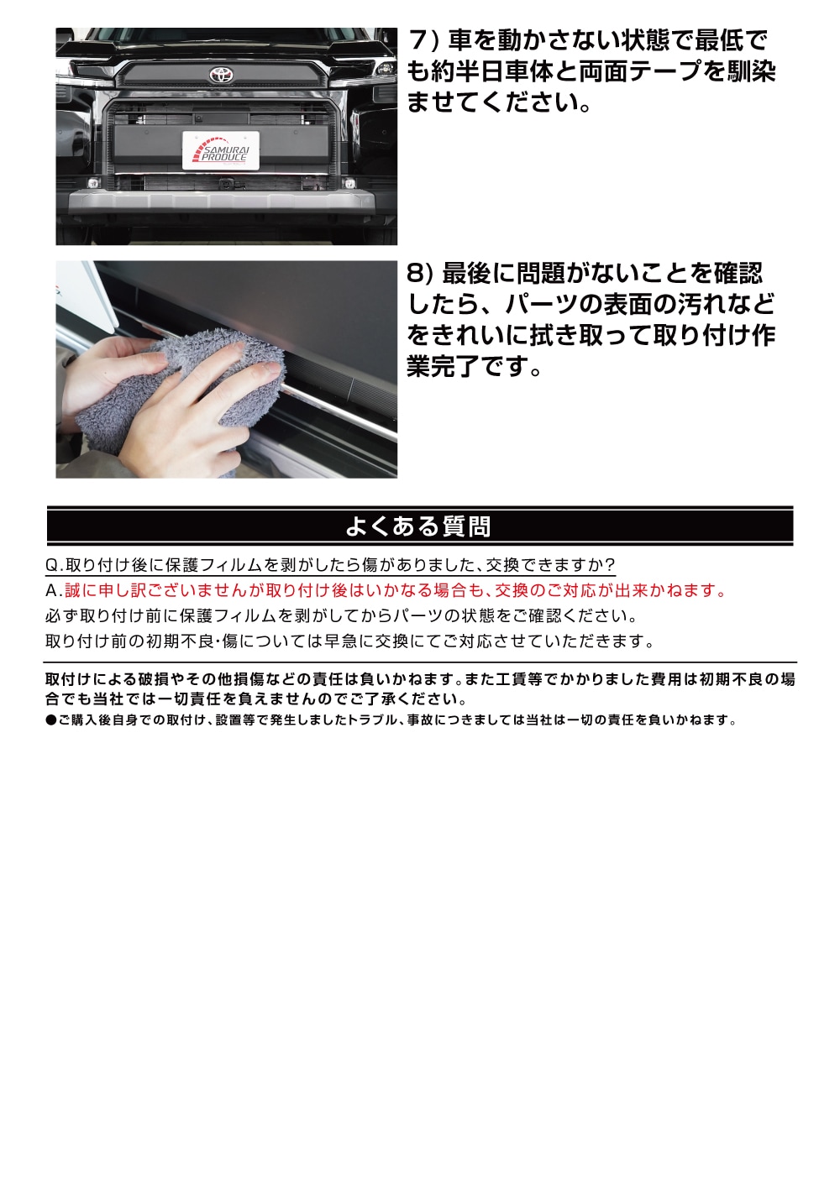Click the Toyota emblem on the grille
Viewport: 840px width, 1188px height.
(221, 75)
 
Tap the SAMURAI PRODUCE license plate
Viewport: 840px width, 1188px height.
(221, 151)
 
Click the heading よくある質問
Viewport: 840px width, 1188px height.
(417, 526)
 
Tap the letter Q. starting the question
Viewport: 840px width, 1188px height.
(54, 565)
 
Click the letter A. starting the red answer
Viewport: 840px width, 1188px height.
(53, 591)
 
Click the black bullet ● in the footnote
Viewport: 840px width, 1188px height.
(50, 720)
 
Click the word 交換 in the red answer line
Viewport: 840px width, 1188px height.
(512, 591)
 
